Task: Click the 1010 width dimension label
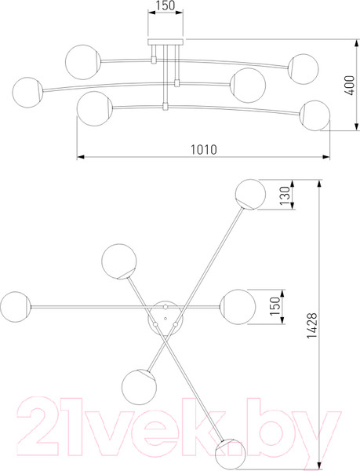pos(204,149)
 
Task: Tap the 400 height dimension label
pos(349,86)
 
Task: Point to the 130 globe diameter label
pos(285,195)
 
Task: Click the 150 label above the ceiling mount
pos(165,5)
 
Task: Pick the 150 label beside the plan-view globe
pos(275,306)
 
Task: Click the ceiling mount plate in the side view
pos(165,42)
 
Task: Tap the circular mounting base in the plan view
pos(165,317)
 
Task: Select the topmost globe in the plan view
pos(250,195)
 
